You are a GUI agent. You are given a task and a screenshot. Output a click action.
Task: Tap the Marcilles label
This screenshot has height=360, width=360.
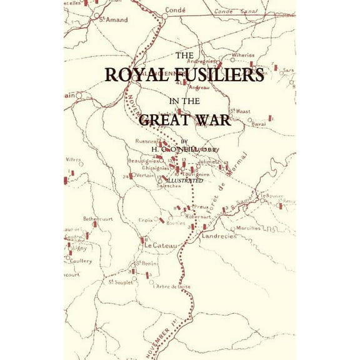tap(247, 228)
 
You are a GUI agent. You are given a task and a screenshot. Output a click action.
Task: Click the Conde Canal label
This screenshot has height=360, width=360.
tap(231, 12)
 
